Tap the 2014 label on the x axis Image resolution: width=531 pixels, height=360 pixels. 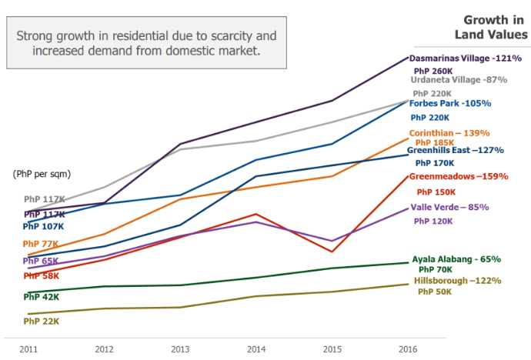coord(256,349)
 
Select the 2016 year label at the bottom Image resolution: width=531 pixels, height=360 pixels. coord(408,349)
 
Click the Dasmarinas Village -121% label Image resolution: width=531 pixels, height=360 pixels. coord(466,58)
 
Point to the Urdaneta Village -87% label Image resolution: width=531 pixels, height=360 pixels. coord(458,79)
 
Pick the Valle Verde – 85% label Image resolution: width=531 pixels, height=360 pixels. coord(450,207)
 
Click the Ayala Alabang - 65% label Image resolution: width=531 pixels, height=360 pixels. coord(456,259)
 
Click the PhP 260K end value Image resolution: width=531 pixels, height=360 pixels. coord(433,70)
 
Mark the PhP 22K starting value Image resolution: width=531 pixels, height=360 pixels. coord(42,321)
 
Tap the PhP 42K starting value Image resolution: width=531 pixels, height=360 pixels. coord(42,296)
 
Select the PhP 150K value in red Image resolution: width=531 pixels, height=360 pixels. coord(436,192)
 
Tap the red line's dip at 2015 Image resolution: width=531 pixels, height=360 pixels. coord(332,252)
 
